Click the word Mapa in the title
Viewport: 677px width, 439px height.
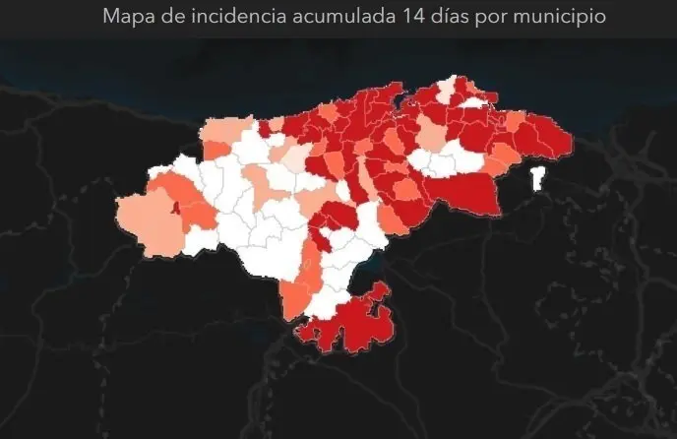point(125,18)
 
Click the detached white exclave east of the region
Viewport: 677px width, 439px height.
point(537,180)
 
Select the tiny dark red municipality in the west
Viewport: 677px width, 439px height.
point(175,207)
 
